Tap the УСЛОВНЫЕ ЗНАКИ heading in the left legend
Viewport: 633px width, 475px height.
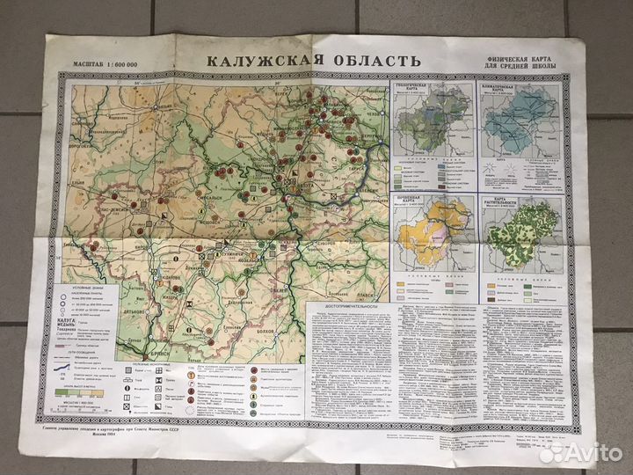point(90,287)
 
